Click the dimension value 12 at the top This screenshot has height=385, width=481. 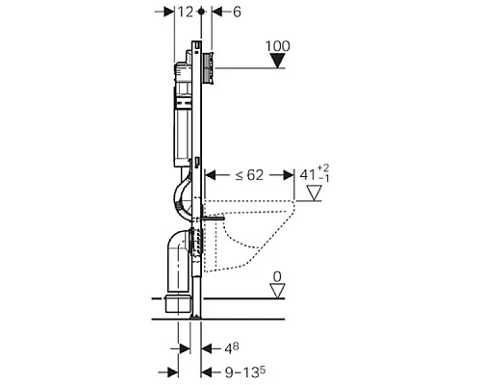click(186, 13)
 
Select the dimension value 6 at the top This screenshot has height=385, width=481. click(237, 13)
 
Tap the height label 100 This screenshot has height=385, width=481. click(278, 46)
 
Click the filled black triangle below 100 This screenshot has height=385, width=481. click(277, 61)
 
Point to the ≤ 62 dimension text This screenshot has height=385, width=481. click(249, 175)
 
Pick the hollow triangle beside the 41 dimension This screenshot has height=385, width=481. click(314, 193)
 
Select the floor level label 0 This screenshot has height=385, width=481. click(277, 276)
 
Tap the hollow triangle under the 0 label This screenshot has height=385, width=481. click(277, 291)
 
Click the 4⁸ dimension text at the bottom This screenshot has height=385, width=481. click(232, 348)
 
